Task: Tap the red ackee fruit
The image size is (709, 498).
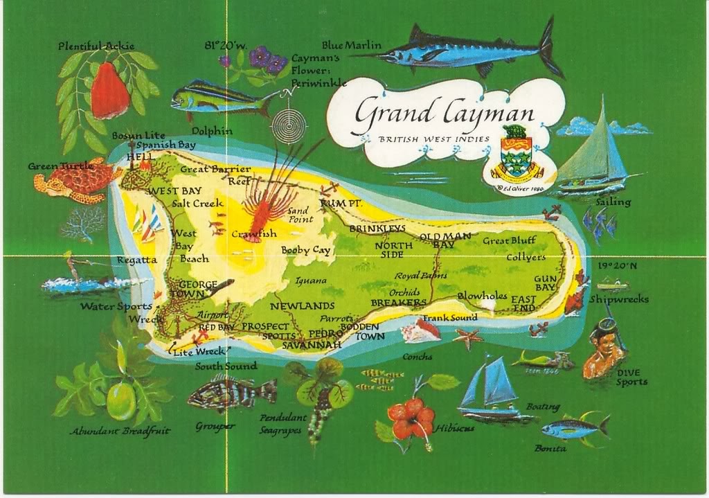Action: [110, 91]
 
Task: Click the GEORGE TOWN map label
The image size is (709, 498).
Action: [197, 289]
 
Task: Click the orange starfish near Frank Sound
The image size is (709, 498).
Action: [469, 338]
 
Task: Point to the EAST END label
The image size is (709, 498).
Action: [523, 303]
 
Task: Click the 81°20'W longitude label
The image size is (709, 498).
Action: [225, 46]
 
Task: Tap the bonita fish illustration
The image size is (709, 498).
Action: [575, 428]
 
